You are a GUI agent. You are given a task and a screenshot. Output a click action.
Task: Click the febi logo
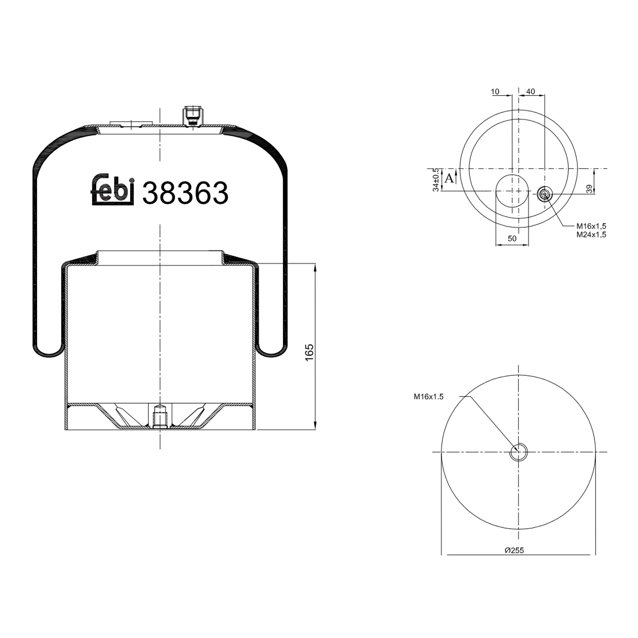click(x=113, y=190)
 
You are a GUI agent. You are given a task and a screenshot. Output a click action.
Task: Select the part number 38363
click(x=185, y=193)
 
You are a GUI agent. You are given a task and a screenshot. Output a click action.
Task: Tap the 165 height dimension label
click(x=309, y=353)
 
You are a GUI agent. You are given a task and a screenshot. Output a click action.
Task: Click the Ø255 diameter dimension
click(x=514, y=550)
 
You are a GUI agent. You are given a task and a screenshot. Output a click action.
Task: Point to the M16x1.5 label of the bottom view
click(x=428, y=396)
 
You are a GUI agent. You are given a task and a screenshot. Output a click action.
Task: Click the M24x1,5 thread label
click(x=591, y=234)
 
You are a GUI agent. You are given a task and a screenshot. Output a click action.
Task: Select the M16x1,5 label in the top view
click(x=591, y=226)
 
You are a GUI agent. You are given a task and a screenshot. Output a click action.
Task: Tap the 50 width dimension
click(x=512, y=239)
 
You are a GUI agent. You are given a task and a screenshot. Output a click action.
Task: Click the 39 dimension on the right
click(x=589, y=189)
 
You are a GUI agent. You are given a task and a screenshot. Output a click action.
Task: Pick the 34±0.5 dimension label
click(x=436, y=179)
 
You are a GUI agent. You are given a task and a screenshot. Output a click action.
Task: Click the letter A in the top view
click(x=449, y=178)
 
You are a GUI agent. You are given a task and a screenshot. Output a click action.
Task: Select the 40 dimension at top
click(x=530, y=91)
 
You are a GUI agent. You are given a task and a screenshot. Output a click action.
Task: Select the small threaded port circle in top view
click(x=544, y=194)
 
